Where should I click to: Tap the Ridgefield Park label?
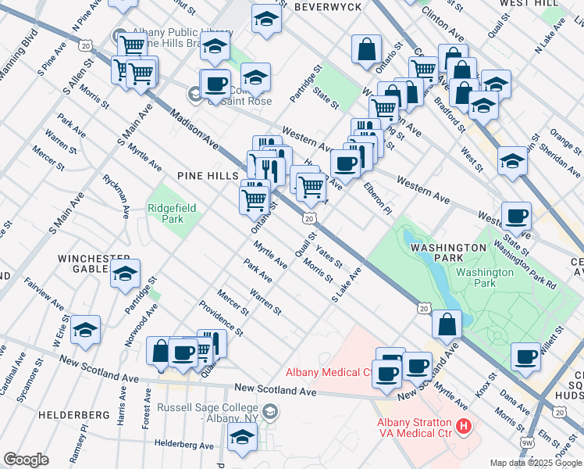tap(172, 214)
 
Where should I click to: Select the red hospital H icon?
tap(464, 427)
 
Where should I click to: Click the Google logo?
tap(26, 460)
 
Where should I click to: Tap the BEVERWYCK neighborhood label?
tap(327, 6)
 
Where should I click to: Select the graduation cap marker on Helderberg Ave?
tap(243, 439)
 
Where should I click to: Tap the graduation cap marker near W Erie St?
tap(86, 329)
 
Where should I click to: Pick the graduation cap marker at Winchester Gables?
tap(125, 274)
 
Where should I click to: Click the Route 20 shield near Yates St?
tap(309, 218)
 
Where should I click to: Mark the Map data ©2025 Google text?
tap(535, 462)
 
